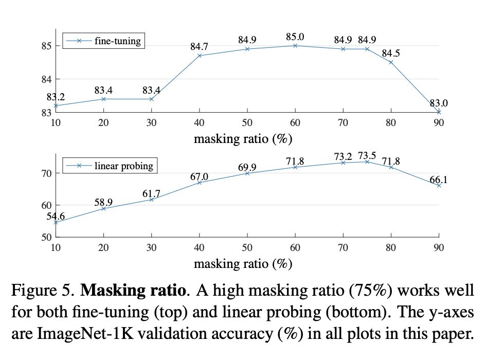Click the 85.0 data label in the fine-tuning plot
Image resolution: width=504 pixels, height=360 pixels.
coord(295,37)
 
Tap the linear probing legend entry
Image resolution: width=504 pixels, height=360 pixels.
coord(123,166)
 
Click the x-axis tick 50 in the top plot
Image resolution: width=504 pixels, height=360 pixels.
coord(247,122)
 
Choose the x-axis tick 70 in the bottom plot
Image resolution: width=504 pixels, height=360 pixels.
coord(343,248)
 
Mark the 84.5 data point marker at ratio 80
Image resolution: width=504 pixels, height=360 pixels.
coord(391,62)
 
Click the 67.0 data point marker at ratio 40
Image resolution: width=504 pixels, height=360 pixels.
coord(200,183)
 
